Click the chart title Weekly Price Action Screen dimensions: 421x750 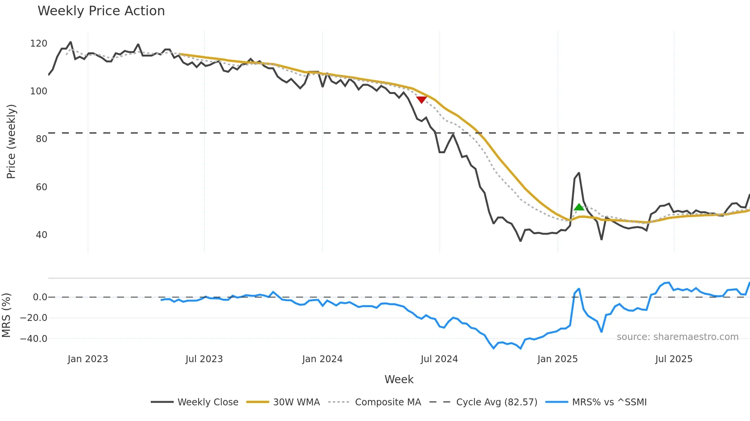click(101, 11)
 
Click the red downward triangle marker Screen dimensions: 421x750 click(421, 100)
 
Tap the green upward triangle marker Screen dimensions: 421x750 click(579, 207)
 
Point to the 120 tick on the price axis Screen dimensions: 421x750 click(39, 44)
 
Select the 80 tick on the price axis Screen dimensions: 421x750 click(41, 139)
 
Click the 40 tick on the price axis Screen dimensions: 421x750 click(41, 235)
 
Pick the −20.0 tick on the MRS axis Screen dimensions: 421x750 click(34, 318)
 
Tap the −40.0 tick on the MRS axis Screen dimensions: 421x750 click(34, 339)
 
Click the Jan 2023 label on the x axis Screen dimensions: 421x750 click(88, 359)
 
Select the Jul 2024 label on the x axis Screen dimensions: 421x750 click(439, 359)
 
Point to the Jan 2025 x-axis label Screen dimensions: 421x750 click(557, 359)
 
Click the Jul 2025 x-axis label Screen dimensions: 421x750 click(673, 359)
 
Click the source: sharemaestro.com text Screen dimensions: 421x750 click(677, 337)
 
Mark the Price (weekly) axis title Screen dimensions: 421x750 click(11, 141)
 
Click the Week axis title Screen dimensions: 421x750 click(399, 379)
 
